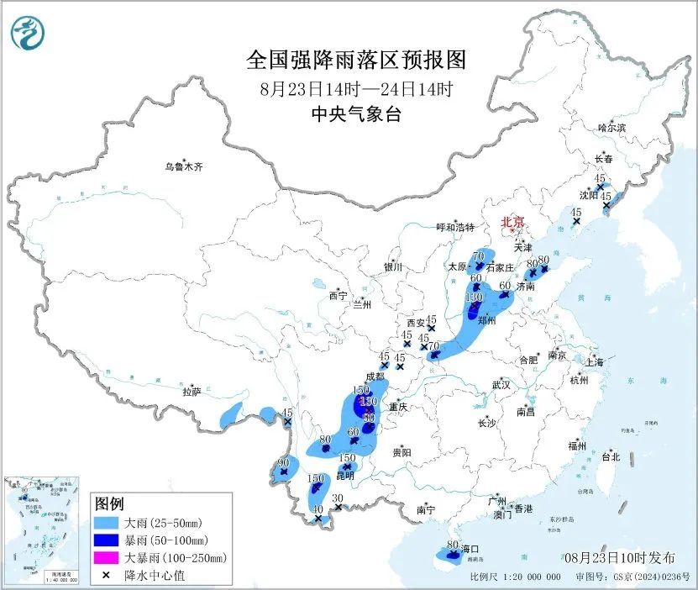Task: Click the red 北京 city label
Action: [x=512, y=222]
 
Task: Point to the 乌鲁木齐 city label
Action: [x=183, y=167]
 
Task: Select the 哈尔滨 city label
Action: [x=611, y=128]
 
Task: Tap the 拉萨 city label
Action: [x=192, y=392]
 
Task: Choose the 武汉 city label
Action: [x=501, y=384]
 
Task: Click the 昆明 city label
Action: [x=345, y=476]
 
